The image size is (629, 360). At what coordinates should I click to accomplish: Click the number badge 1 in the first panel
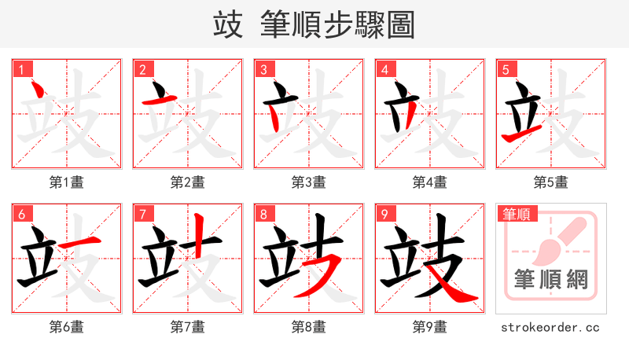(21, 69)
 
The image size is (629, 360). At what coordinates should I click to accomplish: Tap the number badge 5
(506, 69)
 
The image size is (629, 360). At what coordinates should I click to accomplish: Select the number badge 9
(384, 214)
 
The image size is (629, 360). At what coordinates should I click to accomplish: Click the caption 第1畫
(67, 182)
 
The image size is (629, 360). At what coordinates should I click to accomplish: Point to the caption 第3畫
(309, 182)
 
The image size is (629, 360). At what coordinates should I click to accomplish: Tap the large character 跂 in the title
(227, 25)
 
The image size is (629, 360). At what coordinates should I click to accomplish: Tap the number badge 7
(142, 214)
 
